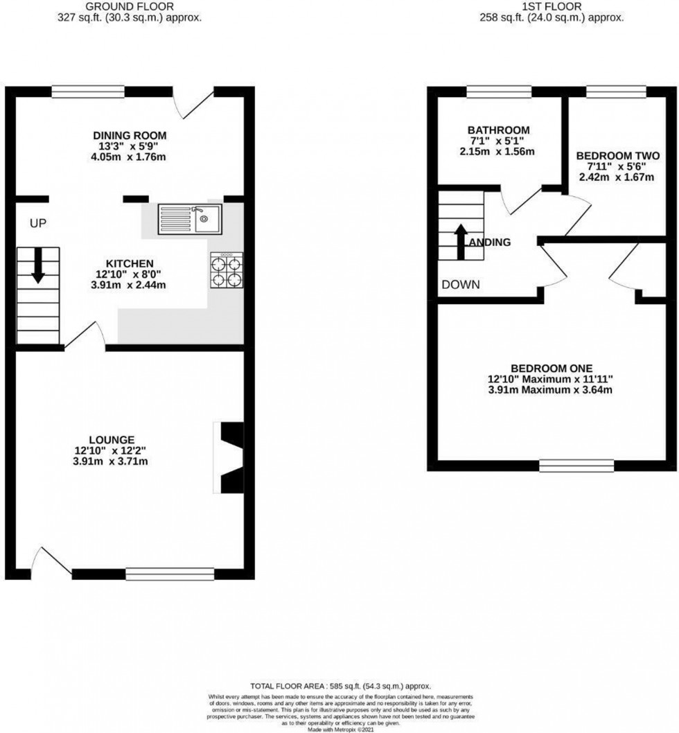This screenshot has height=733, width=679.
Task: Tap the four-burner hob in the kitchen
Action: click(x=226, y=270)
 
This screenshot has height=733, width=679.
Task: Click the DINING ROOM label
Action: click(x=130, y=135)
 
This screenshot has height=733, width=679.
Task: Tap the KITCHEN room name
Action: click(x=129, y=263)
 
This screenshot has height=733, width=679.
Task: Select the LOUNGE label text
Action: click(x=112, y=439)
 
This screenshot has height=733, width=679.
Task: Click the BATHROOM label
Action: click(x=498, y=130)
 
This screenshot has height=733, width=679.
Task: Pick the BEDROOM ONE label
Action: click(x=552, y=368)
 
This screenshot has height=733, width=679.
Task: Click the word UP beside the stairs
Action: click(x=37, y=223)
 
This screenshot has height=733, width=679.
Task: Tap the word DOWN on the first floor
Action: click(x=461, y=285)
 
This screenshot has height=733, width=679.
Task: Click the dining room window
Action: click(x=88, y=91)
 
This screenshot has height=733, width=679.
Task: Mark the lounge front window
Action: click(x=170, y=573)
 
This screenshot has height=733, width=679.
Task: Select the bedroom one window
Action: click(x=576, y=466)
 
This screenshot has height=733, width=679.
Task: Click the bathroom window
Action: click(x=499, y=91)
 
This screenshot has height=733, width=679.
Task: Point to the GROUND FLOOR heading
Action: click(x=130, y=6)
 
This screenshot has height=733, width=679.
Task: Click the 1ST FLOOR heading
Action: click(x=552, y=6)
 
